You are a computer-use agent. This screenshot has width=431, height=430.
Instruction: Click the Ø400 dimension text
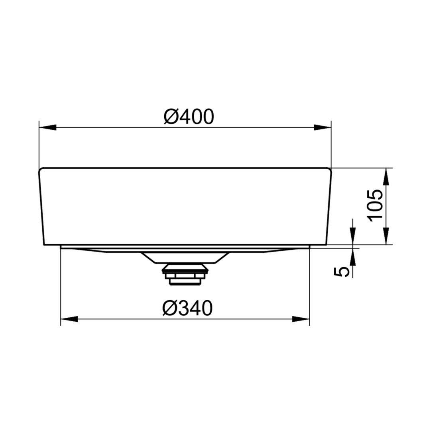click(189, 117)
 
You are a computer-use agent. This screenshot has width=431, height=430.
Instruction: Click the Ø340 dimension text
click(187, 308)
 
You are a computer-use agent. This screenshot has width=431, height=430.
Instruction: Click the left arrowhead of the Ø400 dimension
click(47, 127)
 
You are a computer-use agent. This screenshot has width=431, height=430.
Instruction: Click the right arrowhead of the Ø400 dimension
click(323, 127)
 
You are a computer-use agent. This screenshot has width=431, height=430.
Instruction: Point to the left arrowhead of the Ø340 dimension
click(69, 319)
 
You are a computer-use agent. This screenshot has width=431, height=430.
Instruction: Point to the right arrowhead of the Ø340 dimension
click(301, 319)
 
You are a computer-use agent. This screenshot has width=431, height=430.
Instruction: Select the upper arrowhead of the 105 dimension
click(386, 176)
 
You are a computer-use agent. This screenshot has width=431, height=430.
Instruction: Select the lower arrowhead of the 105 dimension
click(386, 236)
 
